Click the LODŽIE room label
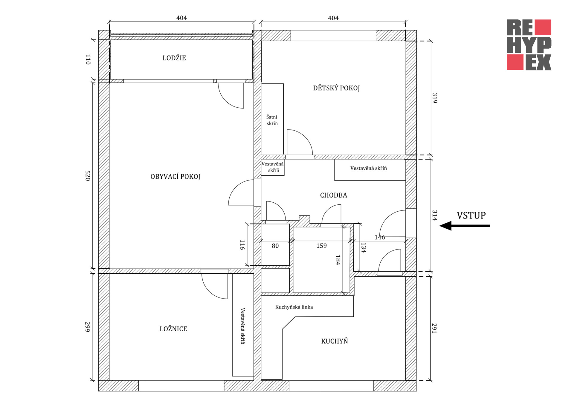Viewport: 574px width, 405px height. pyautogui.click(x=174, y=58)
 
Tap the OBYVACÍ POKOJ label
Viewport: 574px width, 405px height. pyautogui.click(x=175, y=177)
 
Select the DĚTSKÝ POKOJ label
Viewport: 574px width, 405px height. pyautogui.click(x=336, y=88)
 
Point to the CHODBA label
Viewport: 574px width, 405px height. pyautogui.click(x=334, y=195)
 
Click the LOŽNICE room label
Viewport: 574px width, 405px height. pyautogui.click(x=173, y=329)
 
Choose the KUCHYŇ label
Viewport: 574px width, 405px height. pyautogui.click(x=335, y=341)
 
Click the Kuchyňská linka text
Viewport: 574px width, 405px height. pyautogui.click(x=294, y=307)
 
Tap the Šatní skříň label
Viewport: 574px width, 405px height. pyautogui.click(x=272, y=120)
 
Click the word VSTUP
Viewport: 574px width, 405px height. pyautogui.click(x=471, y=215)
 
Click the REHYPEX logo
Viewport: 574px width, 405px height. pyautogui.click(x=529, y=45)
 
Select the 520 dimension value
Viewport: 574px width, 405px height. pyautogui.click(x=88, y=175)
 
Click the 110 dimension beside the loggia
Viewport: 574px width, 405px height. pyautogui.click(x=88, y=59)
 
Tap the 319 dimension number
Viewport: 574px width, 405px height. pyautogui.click(x=435, y=98)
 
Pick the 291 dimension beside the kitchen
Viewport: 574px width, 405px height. pyautogui.click(x=434, y=328)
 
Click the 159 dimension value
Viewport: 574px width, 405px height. pyautogui.click(x=321, y=246)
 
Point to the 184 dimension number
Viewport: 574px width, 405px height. pyautogui.click(x=338, y=260)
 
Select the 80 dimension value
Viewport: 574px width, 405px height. pyautogui.click(x=275, y=246)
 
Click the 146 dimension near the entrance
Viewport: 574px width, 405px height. pyautogui.click(x=380, y=237)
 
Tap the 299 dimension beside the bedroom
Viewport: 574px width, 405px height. pyautogui.click(x=88, y=327)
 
